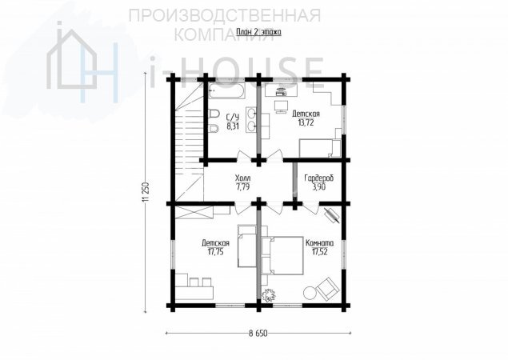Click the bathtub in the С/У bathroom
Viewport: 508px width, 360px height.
[226, 91]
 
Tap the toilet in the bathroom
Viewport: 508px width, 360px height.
[214, 114]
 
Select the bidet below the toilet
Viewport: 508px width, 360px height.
[214, 129]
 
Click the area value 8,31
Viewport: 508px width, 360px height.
[233, 126]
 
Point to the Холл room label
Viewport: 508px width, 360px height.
[242, 178]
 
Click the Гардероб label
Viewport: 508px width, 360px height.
[318, 178]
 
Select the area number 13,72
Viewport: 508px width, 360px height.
[306, 122]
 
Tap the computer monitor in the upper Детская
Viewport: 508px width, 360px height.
[281, 106]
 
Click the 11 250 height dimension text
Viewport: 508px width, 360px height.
[146, 193]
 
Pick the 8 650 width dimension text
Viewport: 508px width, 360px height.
[258, 334]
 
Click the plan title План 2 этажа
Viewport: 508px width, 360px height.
[258, 32]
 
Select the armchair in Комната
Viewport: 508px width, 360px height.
[327, 287]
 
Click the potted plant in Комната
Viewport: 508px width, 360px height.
[268, 294]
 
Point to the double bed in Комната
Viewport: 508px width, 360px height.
[282, 255]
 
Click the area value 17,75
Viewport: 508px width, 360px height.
[215, 251]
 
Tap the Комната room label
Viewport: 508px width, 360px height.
[319, 243]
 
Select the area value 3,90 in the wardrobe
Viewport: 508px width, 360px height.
[318, 186]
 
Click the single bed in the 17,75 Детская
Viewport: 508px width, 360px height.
[247, 246]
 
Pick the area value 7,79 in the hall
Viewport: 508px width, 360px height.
[242, 186]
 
